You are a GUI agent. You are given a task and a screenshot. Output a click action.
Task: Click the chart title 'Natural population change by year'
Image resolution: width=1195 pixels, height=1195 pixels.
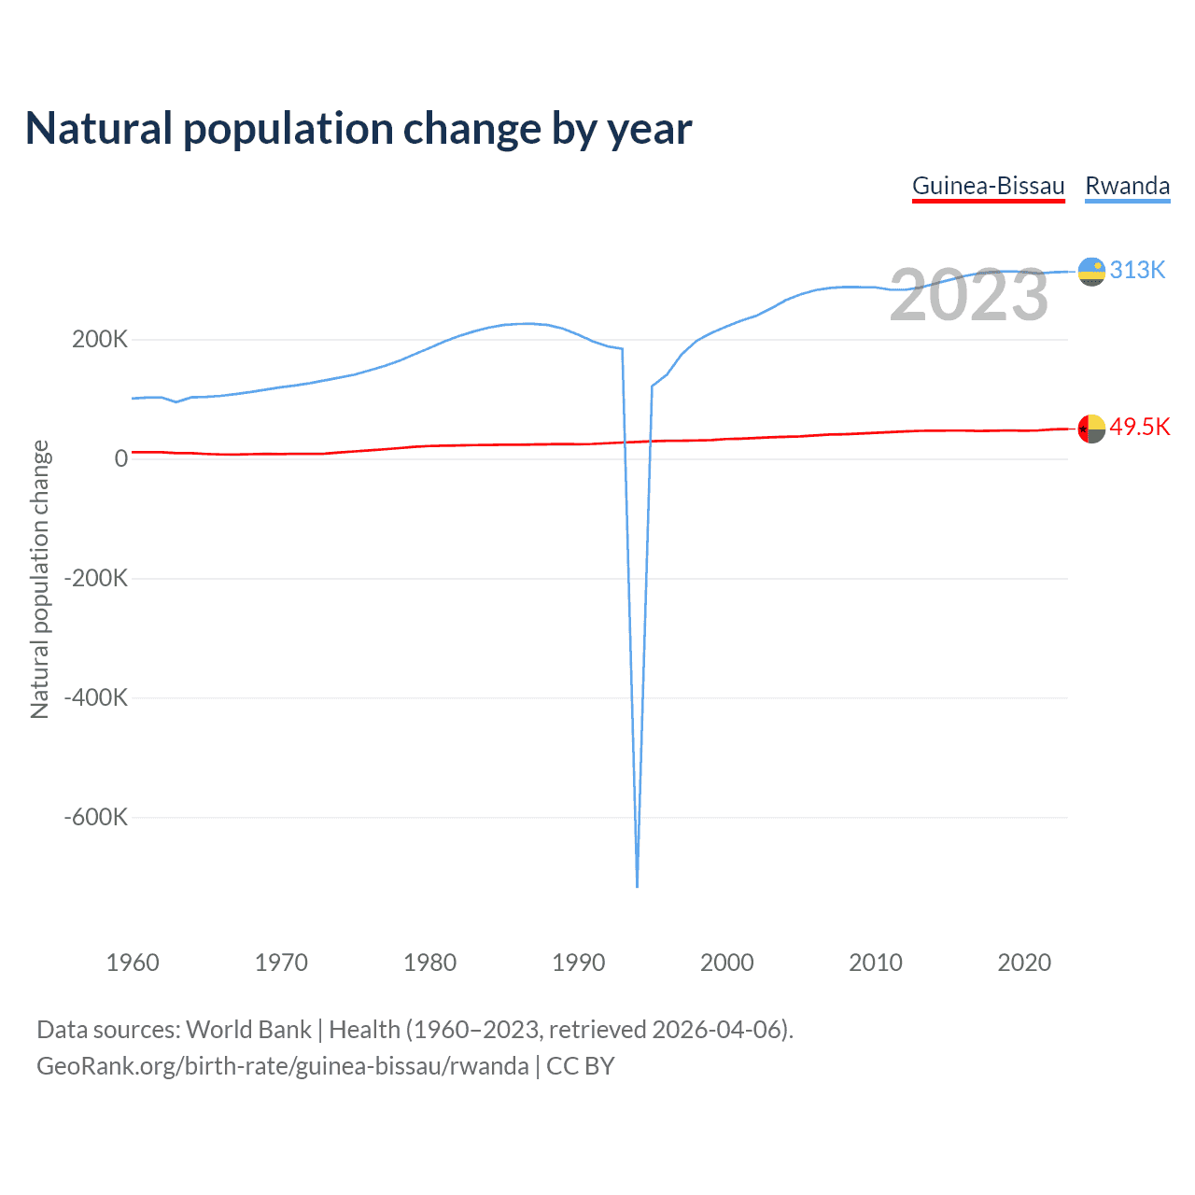(358, 129)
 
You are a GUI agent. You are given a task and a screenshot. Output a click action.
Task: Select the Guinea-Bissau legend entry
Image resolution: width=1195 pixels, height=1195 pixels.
(988, 186)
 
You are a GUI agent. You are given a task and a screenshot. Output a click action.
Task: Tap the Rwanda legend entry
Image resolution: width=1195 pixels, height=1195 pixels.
(1127, 186)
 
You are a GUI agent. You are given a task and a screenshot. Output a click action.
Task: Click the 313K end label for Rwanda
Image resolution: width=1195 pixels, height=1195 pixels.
(1137, 270)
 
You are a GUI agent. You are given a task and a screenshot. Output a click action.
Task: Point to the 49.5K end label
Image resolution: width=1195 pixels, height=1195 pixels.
(1139, 427)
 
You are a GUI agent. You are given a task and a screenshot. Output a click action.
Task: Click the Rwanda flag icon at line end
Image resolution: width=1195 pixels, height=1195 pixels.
(1091, 272)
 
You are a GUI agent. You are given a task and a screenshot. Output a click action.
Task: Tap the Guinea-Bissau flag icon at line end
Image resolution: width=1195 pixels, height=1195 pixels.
(1091, 429)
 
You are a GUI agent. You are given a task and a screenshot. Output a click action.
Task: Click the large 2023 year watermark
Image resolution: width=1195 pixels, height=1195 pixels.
(968, 295)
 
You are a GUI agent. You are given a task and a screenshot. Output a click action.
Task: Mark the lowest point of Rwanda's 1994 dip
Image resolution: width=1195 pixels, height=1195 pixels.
(637, 885)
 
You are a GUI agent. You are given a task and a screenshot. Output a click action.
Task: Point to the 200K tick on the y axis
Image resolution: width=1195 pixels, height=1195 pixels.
(100, 339)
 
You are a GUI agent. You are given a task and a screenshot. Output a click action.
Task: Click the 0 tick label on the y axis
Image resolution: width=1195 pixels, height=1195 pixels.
(120, 458)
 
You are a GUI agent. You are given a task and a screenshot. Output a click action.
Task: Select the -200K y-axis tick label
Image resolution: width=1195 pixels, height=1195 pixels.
(95, 578)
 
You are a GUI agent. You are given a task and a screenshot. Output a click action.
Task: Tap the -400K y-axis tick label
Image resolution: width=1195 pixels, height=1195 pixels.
(95, 697)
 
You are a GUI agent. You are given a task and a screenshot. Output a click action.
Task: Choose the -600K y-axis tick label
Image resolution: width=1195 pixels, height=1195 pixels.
(95, 817)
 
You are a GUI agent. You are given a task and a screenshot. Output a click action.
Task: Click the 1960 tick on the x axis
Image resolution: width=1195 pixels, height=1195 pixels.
(133, 963)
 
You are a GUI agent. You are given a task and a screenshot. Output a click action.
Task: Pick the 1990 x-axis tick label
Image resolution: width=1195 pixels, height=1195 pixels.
(578, 963)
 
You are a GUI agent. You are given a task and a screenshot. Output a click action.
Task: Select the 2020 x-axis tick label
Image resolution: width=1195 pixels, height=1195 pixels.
(1024, 963)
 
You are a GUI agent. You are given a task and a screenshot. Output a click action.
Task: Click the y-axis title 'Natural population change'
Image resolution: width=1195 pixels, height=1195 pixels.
(40, 580)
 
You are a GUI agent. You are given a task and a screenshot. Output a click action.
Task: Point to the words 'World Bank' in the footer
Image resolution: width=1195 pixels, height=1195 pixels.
(248, 1029)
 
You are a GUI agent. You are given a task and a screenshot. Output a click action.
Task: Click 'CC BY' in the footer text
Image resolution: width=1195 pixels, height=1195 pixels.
(580, 1065)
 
